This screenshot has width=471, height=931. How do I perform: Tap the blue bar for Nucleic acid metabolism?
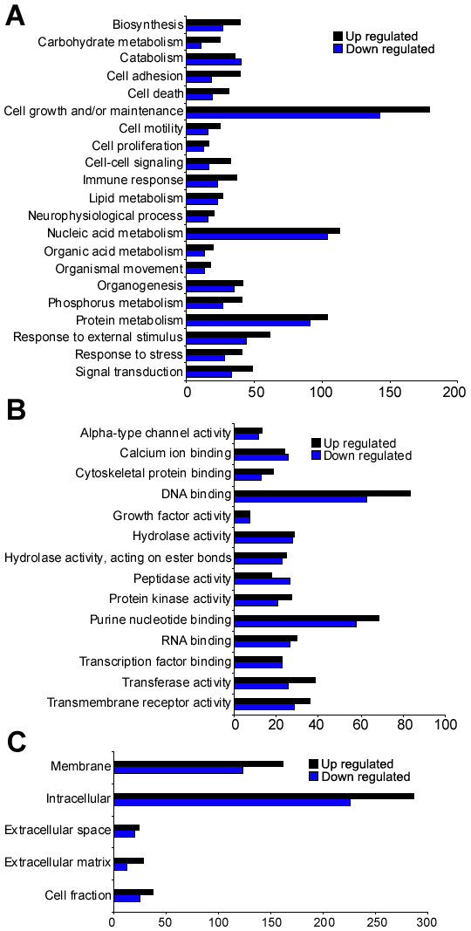tap(256, 236)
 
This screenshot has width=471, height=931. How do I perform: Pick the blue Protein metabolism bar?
tap(248, 323)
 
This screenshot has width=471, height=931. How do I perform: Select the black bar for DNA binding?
tap(323, 493)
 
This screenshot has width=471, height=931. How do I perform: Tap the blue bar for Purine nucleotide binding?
tap(296, 624)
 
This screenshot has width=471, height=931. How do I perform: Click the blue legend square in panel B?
tap(316, 456)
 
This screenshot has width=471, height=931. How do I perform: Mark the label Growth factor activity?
tap(172, 516)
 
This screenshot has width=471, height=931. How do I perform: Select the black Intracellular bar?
tap(264, 796)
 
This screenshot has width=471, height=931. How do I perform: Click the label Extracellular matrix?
tap(58, 861)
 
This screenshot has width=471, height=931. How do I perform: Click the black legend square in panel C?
tap(314, 763)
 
